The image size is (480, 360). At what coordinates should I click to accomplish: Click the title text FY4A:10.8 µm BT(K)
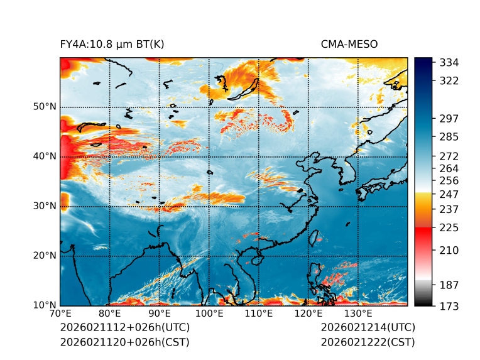coord(112,44)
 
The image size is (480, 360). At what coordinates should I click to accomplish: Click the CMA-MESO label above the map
coord(349,44)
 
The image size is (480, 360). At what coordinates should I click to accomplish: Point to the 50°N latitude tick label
coord(45,107)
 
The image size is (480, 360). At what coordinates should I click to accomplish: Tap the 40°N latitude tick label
coord(45,156)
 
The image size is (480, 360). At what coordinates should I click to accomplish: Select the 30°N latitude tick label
coord(45,206)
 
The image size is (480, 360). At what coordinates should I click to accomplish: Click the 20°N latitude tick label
coord(45,256)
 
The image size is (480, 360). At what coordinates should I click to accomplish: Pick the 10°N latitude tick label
coord(45,305)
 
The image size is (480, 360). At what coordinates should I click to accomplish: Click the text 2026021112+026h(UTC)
coord(124,328)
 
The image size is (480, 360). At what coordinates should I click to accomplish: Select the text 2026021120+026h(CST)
coord(124,342)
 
